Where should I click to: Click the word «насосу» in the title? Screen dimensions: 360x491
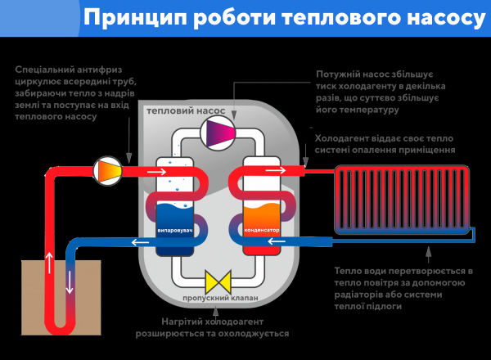coord(438,18)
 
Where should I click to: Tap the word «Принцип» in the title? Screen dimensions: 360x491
coord(134,18)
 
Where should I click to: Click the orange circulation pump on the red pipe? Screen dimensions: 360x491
coord(108,170)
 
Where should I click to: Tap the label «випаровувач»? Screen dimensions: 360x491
coord(173,232)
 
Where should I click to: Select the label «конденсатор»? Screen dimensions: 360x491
coord(263,232)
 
